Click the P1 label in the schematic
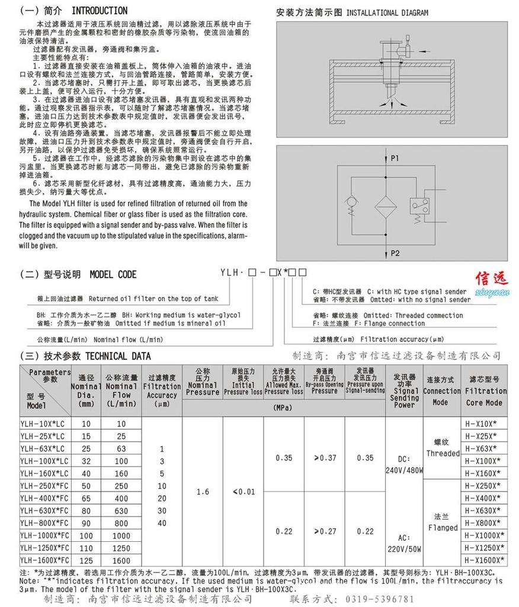395,158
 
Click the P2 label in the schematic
395,253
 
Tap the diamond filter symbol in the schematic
388,208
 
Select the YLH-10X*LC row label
44,424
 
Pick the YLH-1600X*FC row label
44,560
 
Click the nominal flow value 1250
121,548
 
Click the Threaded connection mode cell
443,449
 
